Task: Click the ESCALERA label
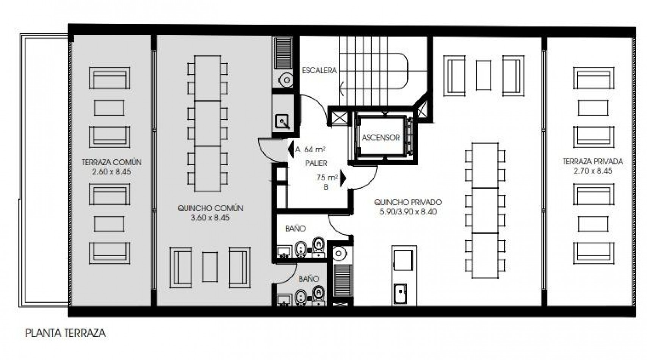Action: [x=320, y=70]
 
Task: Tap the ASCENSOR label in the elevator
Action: [x=381, y=138]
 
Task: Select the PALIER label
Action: [x=316, y=163]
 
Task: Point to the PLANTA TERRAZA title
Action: [x=66, y=333]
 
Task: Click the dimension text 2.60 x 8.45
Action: [x=111, y=172]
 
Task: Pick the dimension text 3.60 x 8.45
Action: [x=210, y=218]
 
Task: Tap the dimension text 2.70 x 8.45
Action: [x=593, y=171]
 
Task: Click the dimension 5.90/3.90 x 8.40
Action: [x=408, y=212]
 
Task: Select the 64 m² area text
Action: [x=315, y=150]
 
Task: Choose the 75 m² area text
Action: [x=327, y=178]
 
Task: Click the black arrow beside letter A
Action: [x=291, y=149]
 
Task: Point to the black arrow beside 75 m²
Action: [x=343, y=179]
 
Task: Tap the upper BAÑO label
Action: [x=296, y=229]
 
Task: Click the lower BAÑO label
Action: [x=309, y=279]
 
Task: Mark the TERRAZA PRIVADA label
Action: [x=593, y=161]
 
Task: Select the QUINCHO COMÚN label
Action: [x=210, y=208]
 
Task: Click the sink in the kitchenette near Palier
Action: [x=283, y=122]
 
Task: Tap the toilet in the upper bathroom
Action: [x=319, y=247]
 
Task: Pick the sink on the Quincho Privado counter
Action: [x=400, y=294]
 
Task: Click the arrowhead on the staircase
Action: [x=342, y=88]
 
